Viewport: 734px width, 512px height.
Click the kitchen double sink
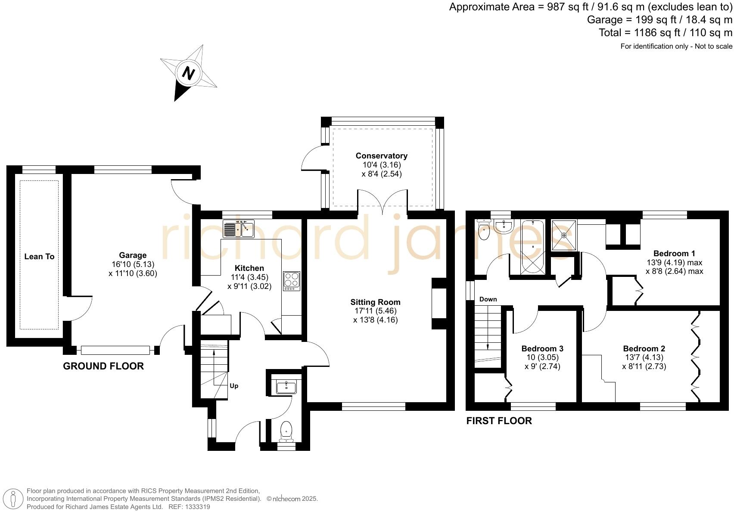pos(239,228)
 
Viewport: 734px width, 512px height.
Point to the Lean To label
pos(39,257)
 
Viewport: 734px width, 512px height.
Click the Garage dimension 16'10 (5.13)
pos(133,264)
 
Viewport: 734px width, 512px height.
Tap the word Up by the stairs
pos(234,386)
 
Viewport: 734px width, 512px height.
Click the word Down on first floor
pos(488,299)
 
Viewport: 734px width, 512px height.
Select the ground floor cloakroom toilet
pos(286,431)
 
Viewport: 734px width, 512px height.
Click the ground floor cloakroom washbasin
pos(286,387)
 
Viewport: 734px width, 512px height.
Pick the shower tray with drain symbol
pos(564,235)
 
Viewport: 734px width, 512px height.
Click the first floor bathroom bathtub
pos(533,247)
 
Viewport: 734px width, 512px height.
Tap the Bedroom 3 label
pos(542,348)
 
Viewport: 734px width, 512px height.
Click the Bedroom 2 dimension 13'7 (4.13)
pos(644,357)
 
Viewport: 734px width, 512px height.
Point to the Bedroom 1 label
pos(674,253)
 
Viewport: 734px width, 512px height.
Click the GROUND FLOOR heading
pos(103,366)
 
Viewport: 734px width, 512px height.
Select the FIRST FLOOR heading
pos(499,421)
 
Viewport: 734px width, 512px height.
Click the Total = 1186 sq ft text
pos(665,33)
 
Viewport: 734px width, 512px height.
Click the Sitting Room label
pos(375,302)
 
